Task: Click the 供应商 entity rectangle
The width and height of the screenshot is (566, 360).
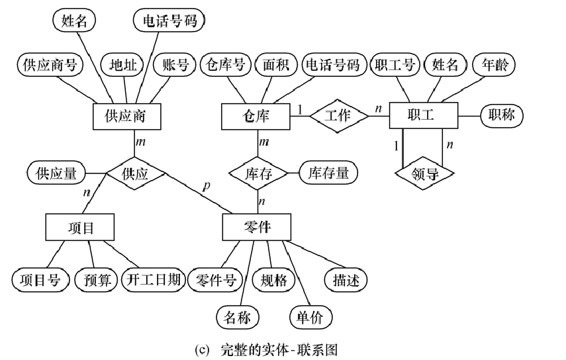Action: [125, 116]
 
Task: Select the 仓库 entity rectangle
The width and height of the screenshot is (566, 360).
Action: [254, 116]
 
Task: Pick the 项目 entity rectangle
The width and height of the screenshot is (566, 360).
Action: [81, 227]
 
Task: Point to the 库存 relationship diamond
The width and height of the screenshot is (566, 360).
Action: [258, 173]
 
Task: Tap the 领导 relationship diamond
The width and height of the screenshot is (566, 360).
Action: [424, 173]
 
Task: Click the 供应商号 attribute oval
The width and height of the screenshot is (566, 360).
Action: [50, 65]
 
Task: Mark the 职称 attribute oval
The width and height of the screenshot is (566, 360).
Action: [500, 116]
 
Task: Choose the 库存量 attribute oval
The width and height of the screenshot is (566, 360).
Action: [328, 173]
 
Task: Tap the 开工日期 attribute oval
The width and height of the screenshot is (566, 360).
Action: [152, 280]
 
